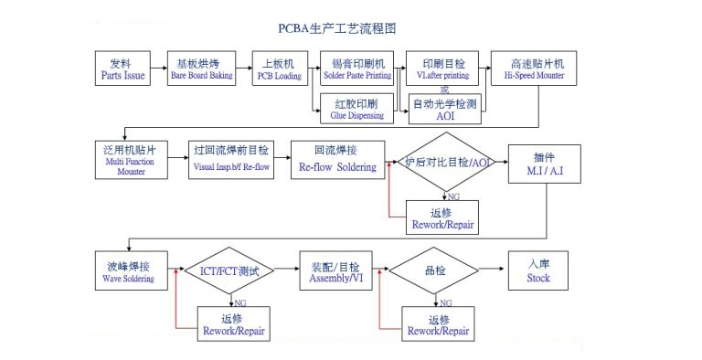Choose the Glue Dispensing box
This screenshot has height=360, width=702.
[357, 109]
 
